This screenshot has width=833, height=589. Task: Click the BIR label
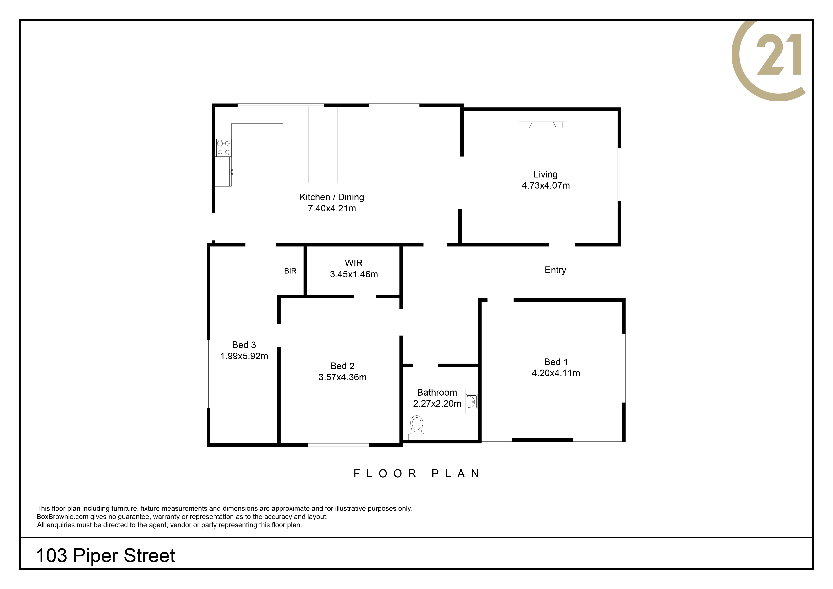coord(290,271)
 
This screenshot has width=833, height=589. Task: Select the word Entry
coord(555,270)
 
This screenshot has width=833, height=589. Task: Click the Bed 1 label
coord(556,362)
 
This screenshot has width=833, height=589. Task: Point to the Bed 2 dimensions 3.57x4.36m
coord(343,377)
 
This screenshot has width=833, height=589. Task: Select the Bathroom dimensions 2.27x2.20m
coord(437,404)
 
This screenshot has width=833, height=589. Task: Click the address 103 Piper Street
coord(106,556)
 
